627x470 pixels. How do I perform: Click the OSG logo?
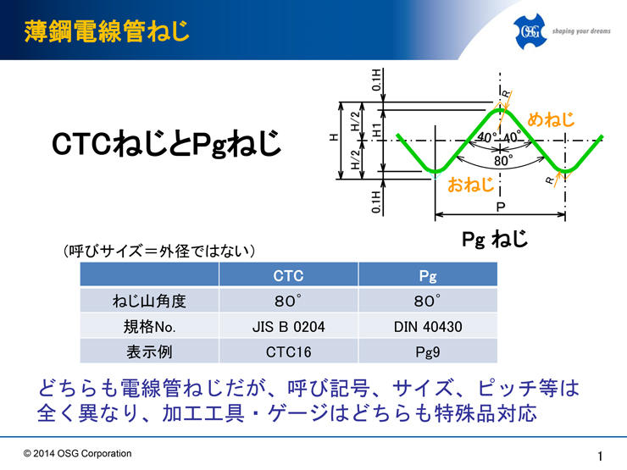click(x=530, y=31)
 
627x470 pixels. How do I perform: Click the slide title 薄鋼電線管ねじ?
click(x=107, y=31)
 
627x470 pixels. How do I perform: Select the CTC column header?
click(x=288, y=275)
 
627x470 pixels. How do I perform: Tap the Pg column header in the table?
click(x=428, y=275)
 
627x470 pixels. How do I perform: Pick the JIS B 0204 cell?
click(x=288, y=327)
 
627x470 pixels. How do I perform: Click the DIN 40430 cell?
click(x=428, y=327)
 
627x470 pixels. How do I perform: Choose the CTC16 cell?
click(x=288, y=351)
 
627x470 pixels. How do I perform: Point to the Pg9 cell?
click(x=428, y=351)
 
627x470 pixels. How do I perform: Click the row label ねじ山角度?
click(x=149, y=301)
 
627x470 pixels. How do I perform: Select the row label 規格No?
click(x=149, y=327)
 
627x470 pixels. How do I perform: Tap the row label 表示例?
click(x=149, y=351)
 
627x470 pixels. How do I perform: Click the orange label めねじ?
click(x=551, y=119)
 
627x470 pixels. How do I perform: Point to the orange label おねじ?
click(x=470, y=185)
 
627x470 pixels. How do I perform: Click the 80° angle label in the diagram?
click(x=503, y=161)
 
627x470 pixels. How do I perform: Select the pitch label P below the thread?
click(x=500, y=207)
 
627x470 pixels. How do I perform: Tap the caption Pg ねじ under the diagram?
click(x=495, y=239)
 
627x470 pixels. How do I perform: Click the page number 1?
click(x=600, y=456)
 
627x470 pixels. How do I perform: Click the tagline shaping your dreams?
click(x=581, y=30)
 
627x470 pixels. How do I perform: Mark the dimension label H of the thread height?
click(x=334, y=137)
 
